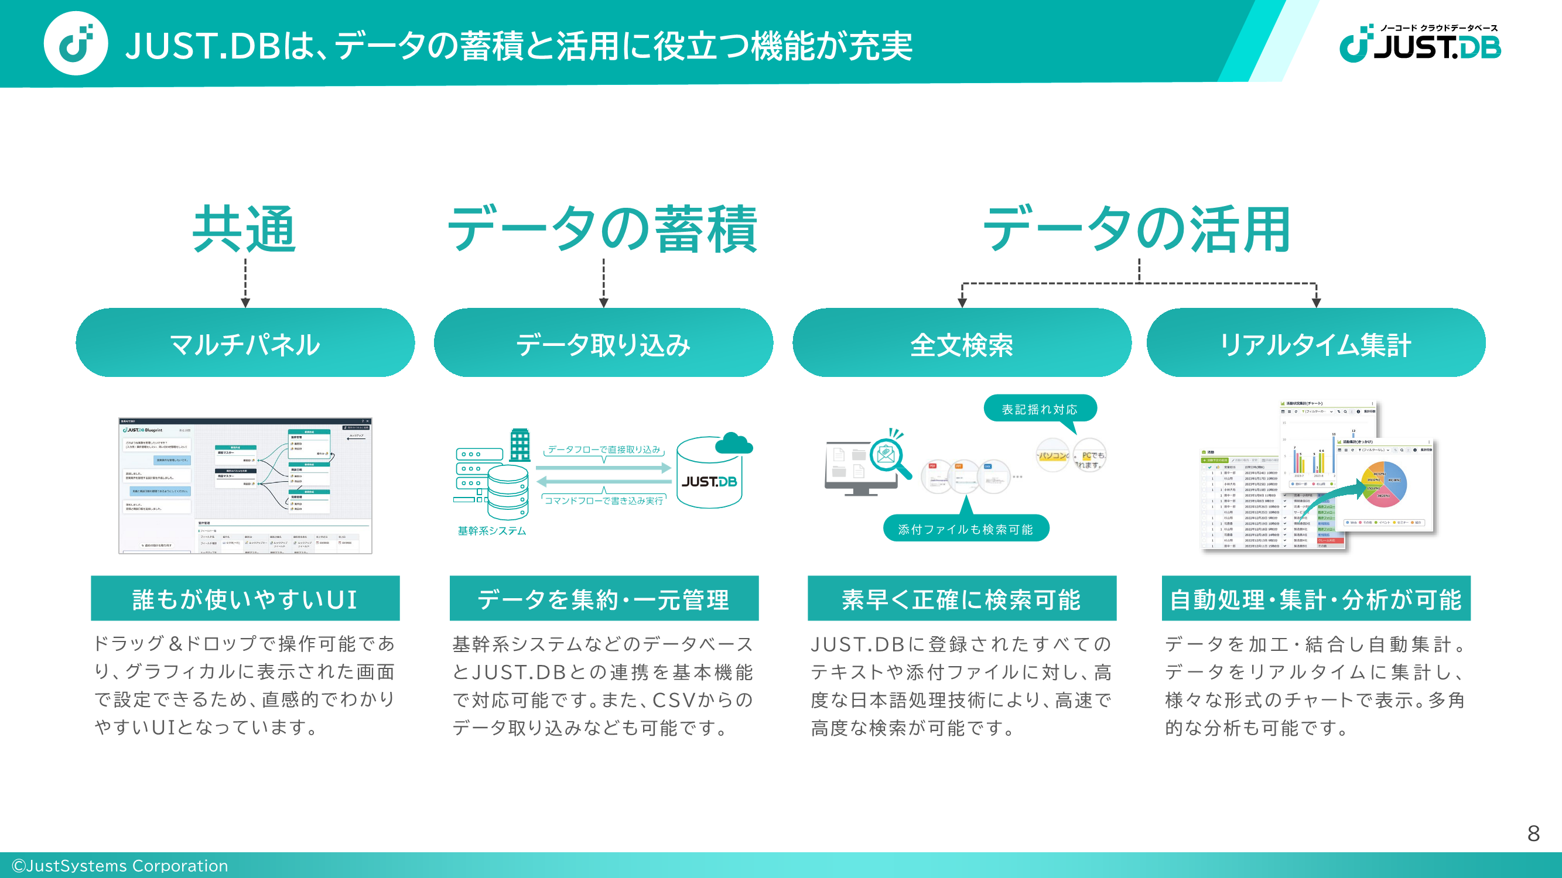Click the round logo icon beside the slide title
click(x=76, y=44)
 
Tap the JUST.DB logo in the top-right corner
click(x=1420, y=44)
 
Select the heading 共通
click(x=244, y=229)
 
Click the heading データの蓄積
click(x=603, y=229)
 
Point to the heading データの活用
click(x=1137, y=229)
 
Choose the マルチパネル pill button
click(x=245, y=343)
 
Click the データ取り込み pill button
click(x=603, y=343)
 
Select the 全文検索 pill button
click(x=962, y=343)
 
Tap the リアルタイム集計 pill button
click(x=1316, y=343)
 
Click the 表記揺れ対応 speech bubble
click(x=1040, y=409)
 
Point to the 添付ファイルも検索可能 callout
click(x=965, y=529)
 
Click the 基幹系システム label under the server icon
click(x=492, y=531)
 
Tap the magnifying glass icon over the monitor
click(x=889, y=457)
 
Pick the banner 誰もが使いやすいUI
click(x=245, y=599)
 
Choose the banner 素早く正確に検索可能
click(x=962, y=599)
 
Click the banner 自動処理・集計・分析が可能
click(x=1316, y=599)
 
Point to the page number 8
click(x=1533, y=833)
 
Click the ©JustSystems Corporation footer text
click(x=120, y=865)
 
